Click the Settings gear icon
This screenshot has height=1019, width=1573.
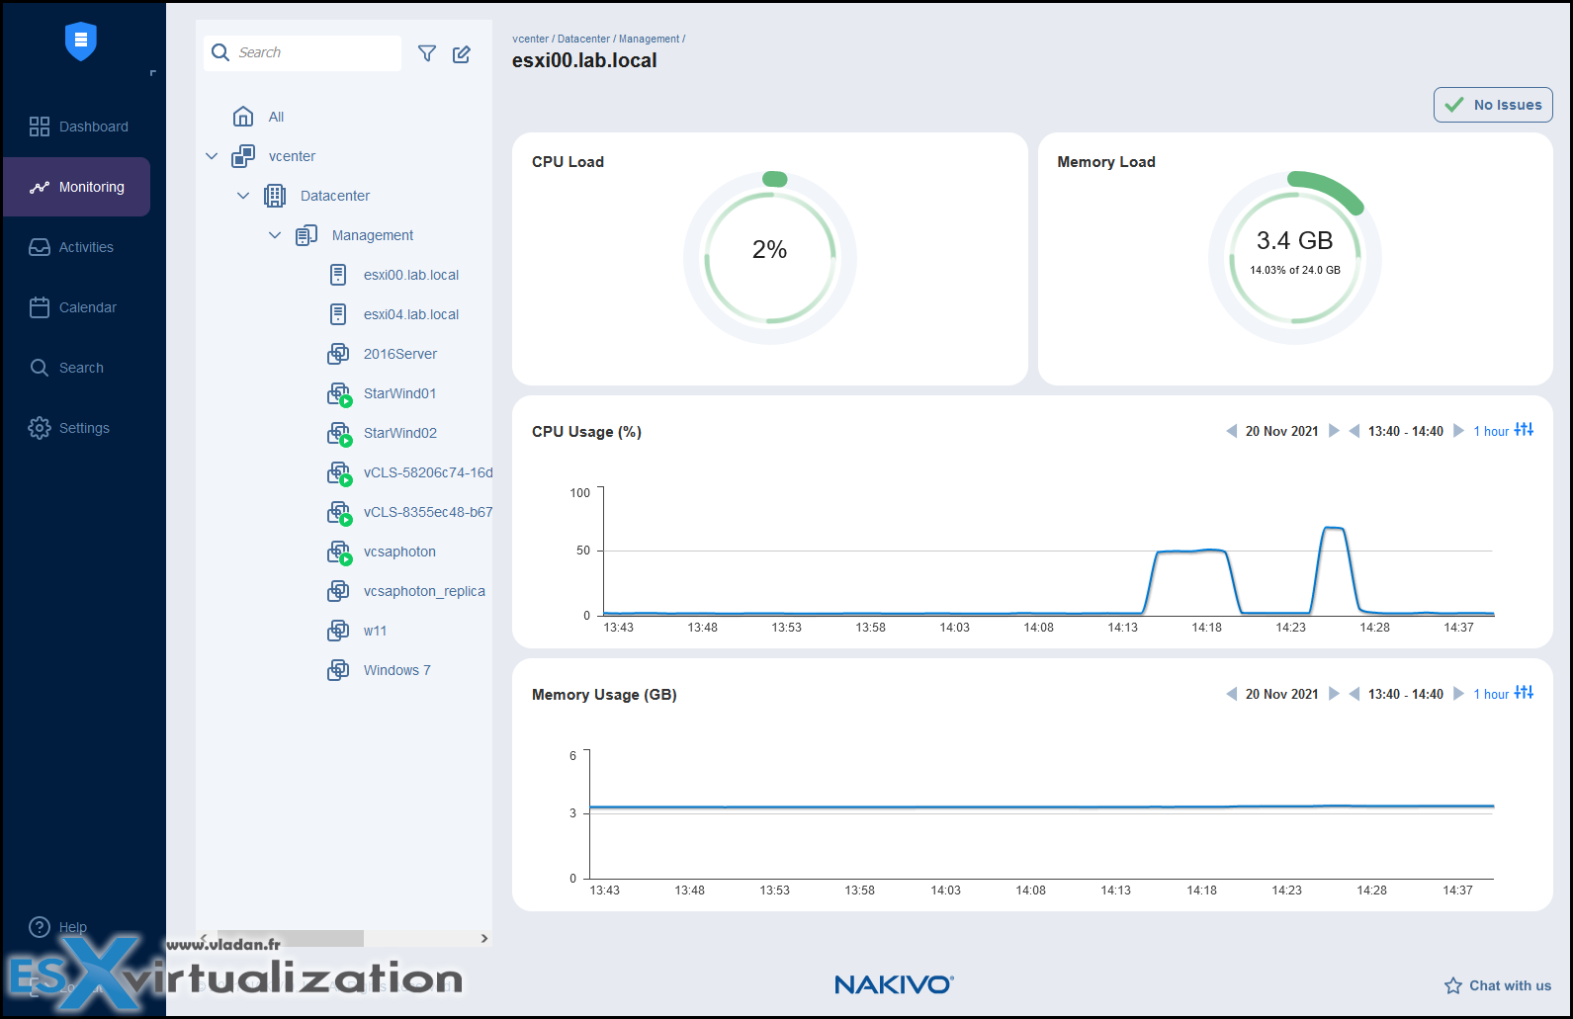[40, 428]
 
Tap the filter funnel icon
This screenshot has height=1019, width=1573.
[427, 53]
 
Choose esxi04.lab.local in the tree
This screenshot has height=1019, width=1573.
[410, 314]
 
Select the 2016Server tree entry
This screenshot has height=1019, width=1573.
[399, 354]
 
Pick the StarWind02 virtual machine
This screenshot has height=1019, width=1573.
[399, 433]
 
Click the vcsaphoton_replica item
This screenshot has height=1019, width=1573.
[423, 591]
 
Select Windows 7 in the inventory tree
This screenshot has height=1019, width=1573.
[396, 670]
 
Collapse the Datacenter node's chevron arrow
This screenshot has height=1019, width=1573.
[243, 196]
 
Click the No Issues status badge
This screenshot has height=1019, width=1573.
[1493, 105]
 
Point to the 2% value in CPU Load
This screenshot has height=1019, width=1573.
[769, 250]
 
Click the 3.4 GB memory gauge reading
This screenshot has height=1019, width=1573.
[1294, 241]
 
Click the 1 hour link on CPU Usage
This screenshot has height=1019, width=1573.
[1491, 432]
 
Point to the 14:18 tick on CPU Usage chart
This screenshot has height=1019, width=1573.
[1206, 628]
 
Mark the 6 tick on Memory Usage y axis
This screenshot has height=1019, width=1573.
[572, 756]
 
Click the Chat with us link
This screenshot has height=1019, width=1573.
[1498, 985]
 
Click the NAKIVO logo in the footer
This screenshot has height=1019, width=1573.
[894, 984]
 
